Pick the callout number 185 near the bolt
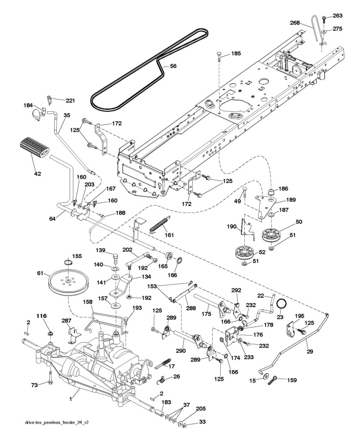tap(236, 54)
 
